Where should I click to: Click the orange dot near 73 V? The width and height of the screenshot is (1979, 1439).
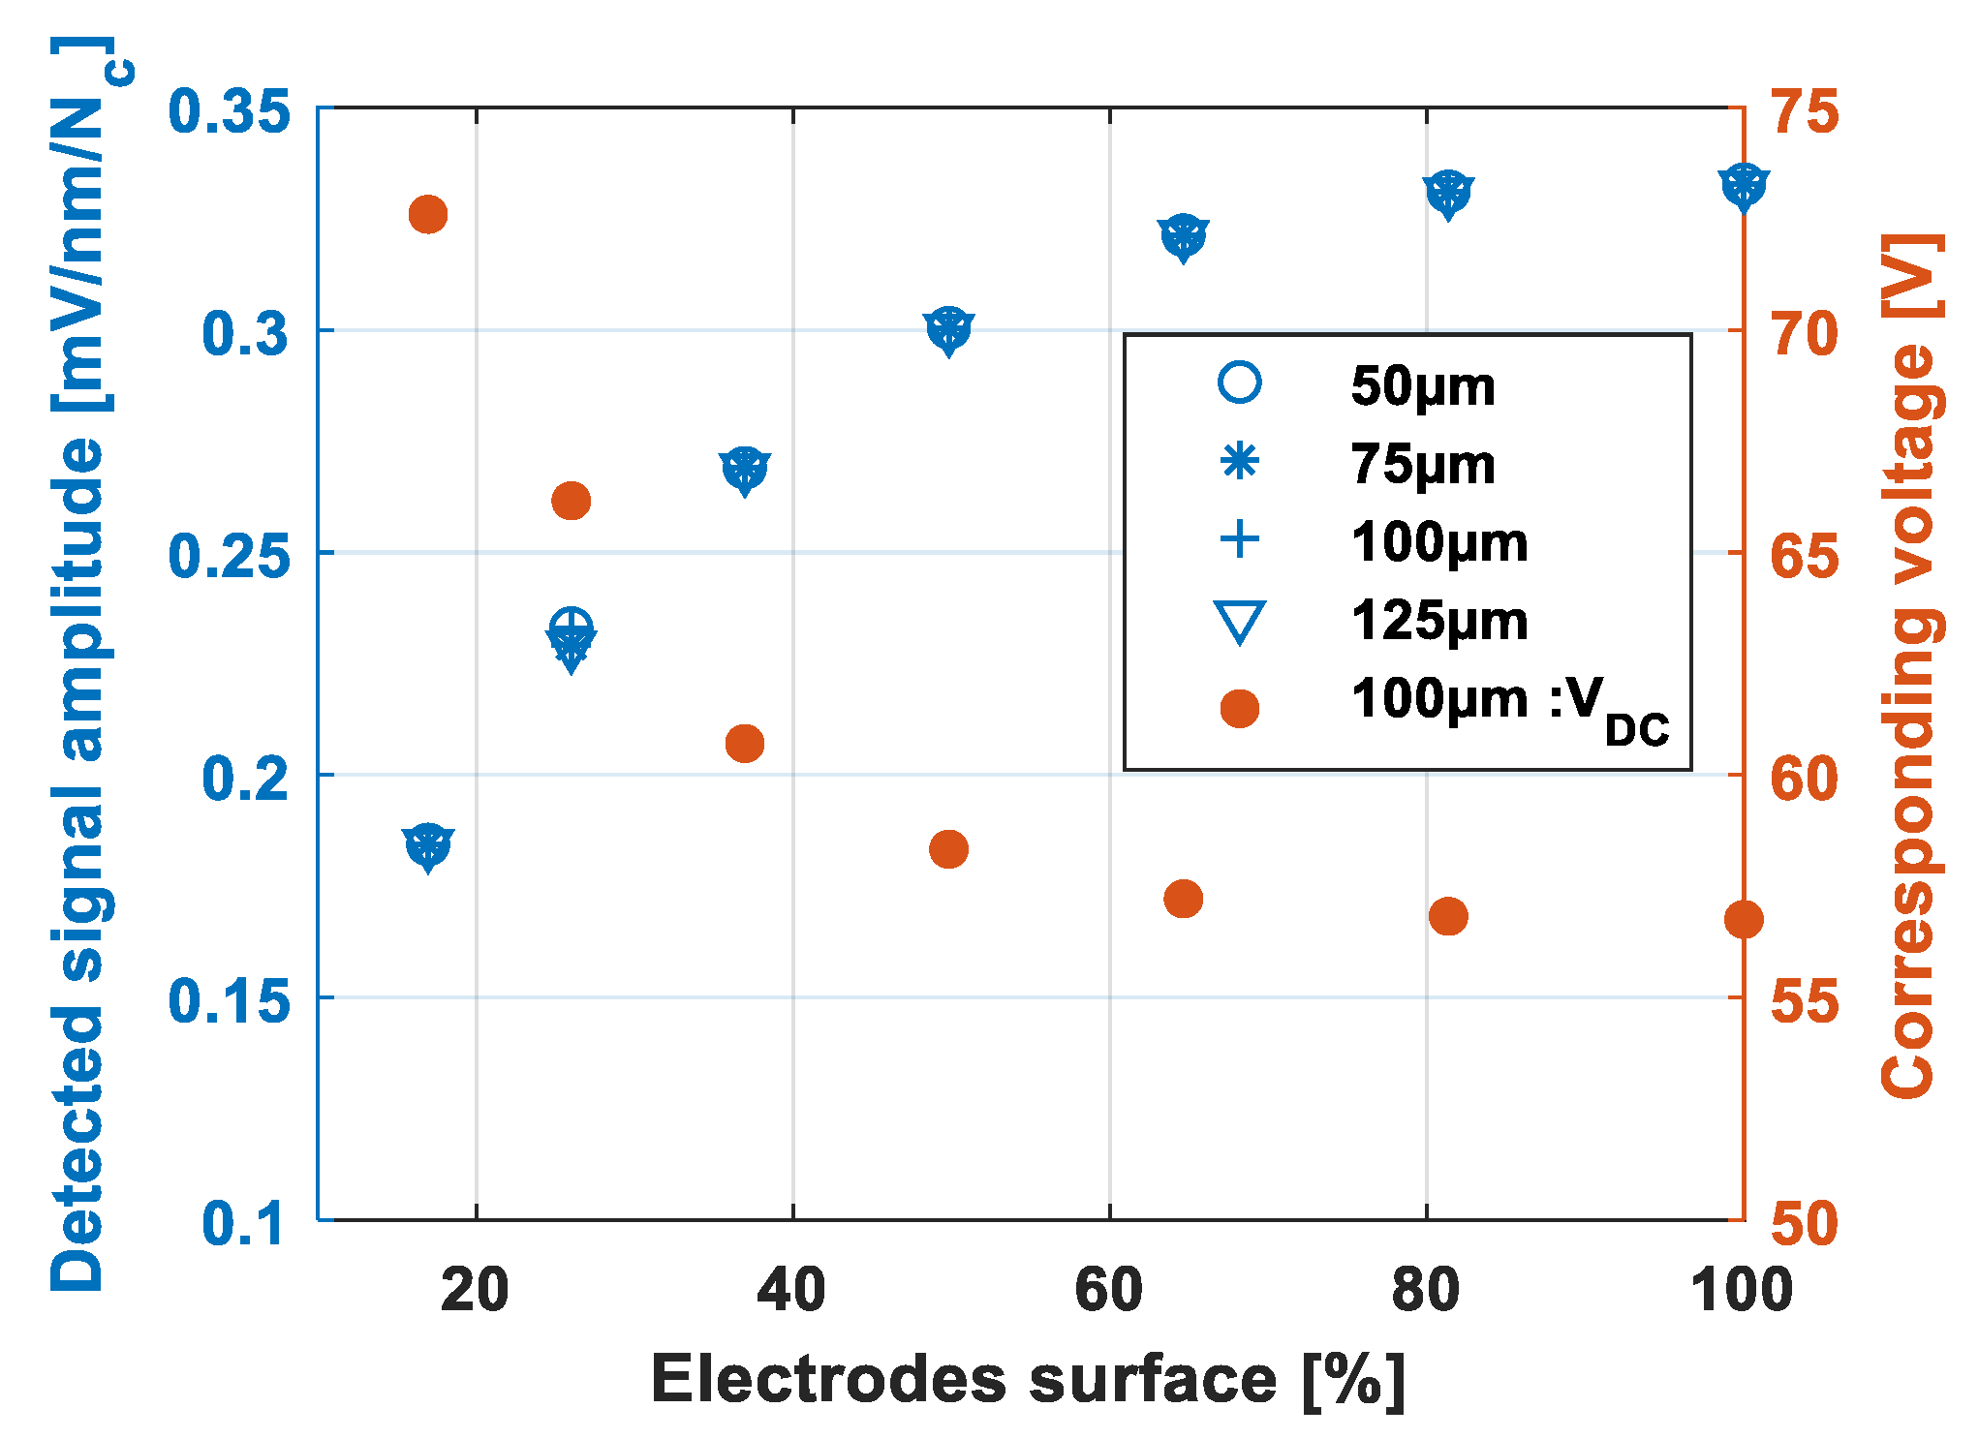pyautogui.click(x=427, y=214)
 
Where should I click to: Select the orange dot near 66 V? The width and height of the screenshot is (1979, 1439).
pyautogui.click(x=571, y=501)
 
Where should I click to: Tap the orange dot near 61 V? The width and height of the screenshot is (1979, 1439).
pyautogui.click(x=744, y=744)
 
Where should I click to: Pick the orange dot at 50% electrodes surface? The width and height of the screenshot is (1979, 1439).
pyautogui.click(x=948, y=849)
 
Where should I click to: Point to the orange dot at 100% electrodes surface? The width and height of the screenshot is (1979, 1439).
pyautogui.click(x=1743, y=920)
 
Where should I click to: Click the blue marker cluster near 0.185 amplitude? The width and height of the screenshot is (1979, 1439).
pyautogui.click(x=428, y=846)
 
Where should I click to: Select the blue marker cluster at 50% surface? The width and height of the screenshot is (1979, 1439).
pyautogui.click(x=948, y=330)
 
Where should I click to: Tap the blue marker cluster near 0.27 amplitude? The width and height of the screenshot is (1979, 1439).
pyautogui.click(x=744, y=470)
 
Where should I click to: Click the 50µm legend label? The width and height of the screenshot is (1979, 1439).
pyautogui.click(x=1422, y=385)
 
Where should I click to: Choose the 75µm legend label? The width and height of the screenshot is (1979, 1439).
pyautogui.click(x=1422, y=464)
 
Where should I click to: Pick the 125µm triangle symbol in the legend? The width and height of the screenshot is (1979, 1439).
pyautogui.click(x=1240, y=622)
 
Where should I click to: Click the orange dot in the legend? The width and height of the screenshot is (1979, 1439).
pyautogui.click(x=1240, y=708)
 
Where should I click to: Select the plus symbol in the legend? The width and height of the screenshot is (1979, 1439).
pyautogui.click(x=1240, y=539)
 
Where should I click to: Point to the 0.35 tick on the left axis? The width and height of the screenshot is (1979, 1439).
pyautogui.click(x=229, y=111)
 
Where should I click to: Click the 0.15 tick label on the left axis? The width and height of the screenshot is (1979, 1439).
pyautogui.click(x=229, y=1000)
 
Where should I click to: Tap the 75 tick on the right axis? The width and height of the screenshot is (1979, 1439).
pyautogui.click(x=1805, y=111)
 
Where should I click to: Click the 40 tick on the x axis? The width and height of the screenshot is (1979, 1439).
pyautogui.click(x=791, y=1290)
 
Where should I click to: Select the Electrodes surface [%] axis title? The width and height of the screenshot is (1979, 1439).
pyautogui.click(x=1027, y=1379)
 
